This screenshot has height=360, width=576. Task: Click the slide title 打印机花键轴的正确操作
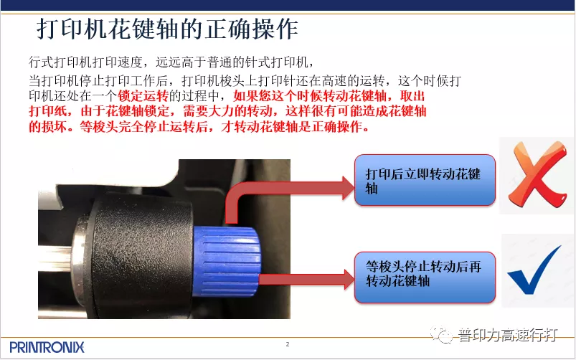pos(167,29)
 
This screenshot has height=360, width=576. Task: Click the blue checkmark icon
pos(534,271)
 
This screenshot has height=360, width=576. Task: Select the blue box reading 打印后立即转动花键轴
pos(425,180)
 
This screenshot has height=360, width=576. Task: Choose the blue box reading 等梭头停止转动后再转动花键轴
pos(425,278)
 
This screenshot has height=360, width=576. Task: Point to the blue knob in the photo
pos(227,261)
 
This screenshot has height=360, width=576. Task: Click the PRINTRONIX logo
pos(47,347)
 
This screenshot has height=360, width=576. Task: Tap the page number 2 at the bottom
pos(288,344)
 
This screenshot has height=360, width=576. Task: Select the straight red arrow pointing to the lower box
pos(307,279)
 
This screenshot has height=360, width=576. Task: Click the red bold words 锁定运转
pos(143,96)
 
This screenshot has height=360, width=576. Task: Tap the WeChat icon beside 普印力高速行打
pos(442,334)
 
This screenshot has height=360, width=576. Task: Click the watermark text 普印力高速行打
pos(507,335)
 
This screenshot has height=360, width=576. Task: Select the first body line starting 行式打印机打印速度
pos(172,62)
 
